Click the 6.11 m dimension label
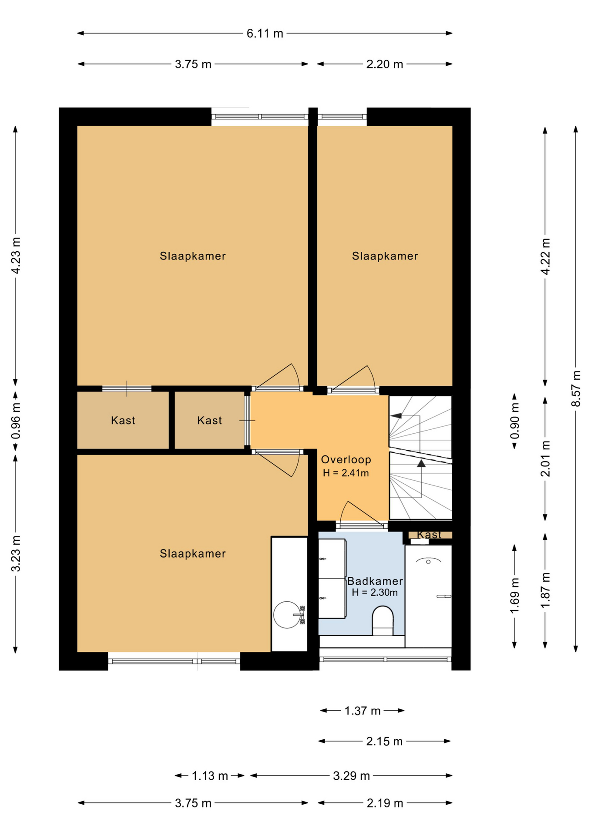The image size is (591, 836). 265,34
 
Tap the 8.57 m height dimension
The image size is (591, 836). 575,388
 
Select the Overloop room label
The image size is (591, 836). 346,459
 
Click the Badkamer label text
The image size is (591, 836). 375,581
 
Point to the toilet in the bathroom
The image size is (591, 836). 383,621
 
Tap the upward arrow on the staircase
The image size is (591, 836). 421,464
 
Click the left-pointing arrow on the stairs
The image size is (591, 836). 396,416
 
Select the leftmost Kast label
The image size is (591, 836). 123,421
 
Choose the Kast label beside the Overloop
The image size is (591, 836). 209,421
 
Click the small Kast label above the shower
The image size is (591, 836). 429,535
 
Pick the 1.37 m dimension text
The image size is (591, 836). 363,711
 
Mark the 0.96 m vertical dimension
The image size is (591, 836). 16,421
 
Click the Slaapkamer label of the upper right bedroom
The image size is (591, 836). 385,256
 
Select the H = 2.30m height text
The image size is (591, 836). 375,592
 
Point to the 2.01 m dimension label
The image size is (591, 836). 545,458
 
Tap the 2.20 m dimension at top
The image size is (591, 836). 384,64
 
